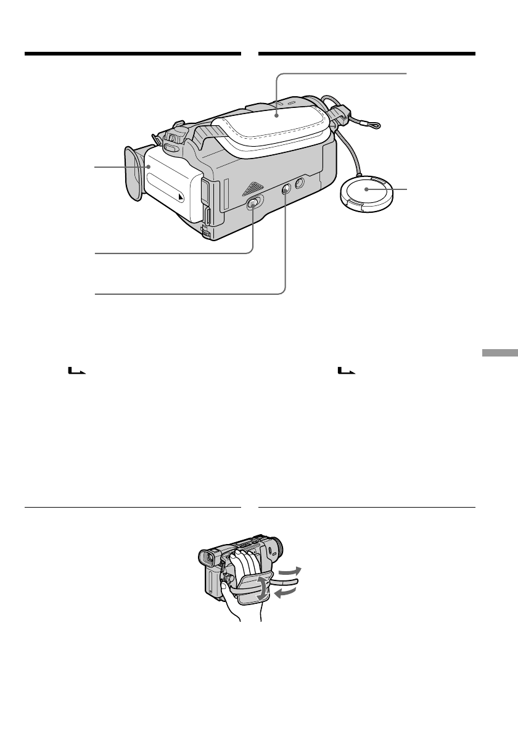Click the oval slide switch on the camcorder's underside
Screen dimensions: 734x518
click(x=253, y=205)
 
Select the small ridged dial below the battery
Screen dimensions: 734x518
click(x=207, y=233)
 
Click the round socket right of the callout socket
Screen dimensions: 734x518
click(x=298, y=183)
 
